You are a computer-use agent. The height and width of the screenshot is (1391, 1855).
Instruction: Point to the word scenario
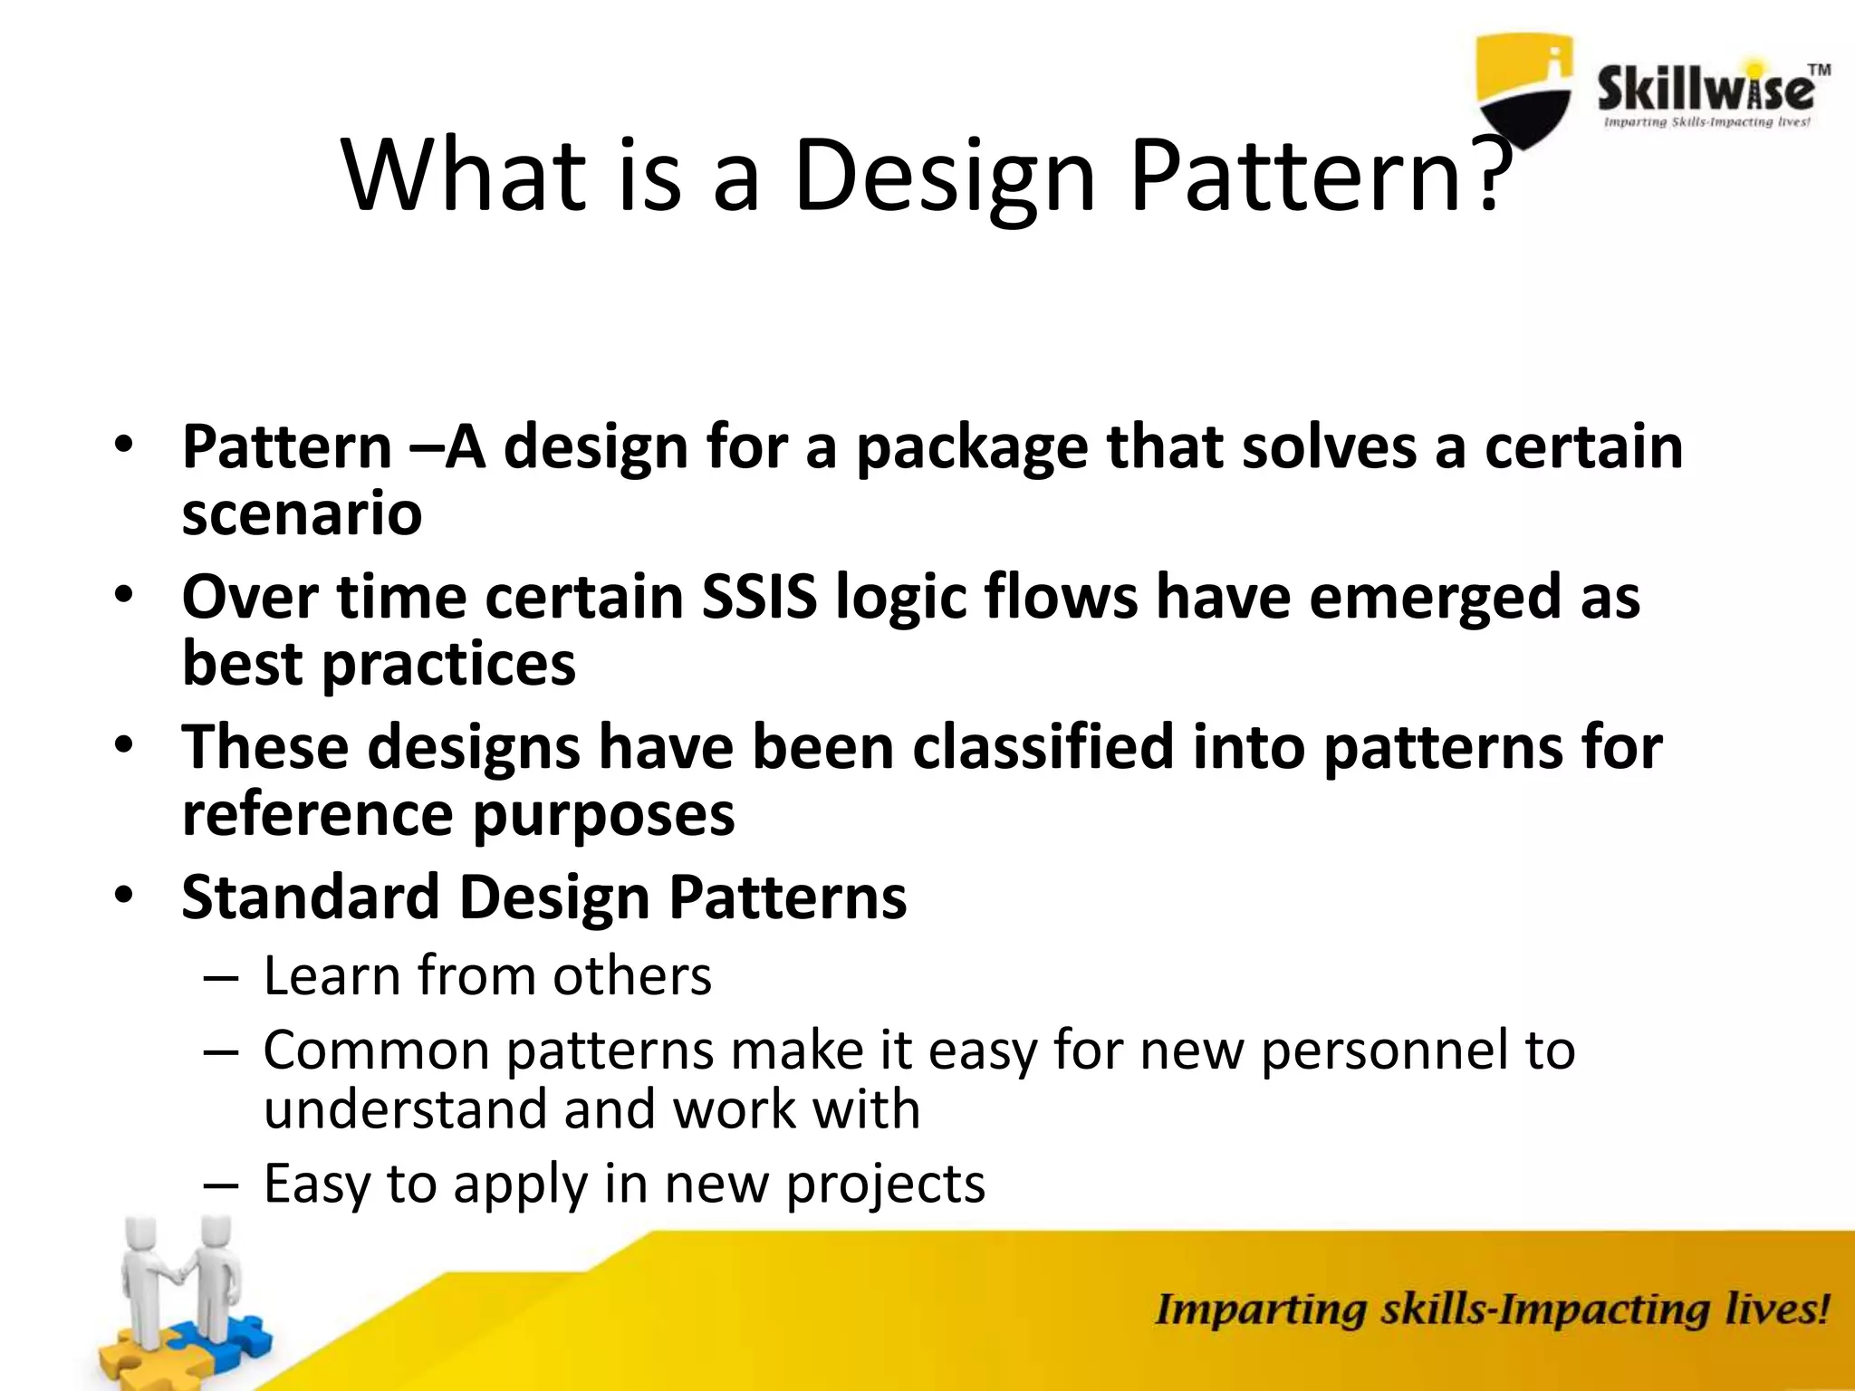[302, 514]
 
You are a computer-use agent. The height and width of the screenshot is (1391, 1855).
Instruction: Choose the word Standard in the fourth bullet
[310, 897]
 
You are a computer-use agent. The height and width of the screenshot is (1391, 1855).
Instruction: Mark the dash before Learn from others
[221, 979]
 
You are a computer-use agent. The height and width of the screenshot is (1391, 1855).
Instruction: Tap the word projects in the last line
[885, 1185]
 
